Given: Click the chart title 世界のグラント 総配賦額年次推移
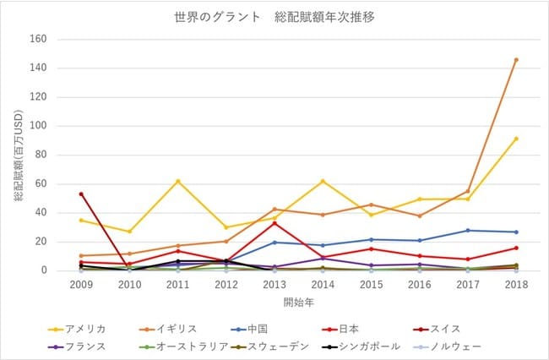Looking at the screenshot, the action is click(x=274, y=17).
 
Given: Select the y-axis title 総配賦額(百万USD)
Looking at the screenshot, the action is click(x=19, y=155).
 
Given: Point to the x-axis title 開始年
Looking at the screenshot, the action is click(x=298, y=303).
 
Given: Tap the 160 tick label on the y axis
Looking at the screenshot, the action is click(x=39, y=39).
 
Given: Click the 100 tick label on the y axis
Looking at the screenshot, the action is click(x=39, y=125).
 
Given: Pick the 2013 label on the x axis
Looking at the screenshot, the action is click(x=274, y=284).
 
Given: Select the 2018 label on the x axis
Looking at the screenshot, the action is click(x=516, y=284).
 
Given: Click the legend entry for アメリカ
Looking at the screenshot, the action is click(x=77, y=330).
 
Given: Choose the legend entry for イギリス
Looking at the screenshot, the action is click(x=168, y=330).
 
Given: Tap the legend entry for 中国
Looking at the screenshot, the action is click(x=249, y=330).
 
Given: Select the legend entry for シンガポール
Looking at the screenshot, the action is click(x=361, y=346).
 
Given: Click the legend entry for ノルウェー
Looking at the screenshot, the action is click(x=448, y=346).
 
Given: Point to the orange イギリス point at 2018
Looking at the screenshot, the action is click(x=516, y=60).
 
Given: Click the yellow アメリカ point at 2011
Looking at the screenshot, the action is click(x=178, y=182).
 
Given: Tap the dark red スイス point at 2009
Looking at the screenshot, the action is click(x=81, y=194).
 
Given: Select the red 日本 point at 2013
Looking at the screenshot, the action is click(x=274, y=223).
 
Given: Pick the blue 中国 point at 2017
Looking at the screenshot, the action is click(x=468, y=231).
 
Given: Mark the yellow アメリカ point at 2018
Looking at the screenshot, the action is click(x=516, y=139).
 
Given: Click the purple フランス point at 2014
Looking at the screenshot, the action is click(x=323, y=259).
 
